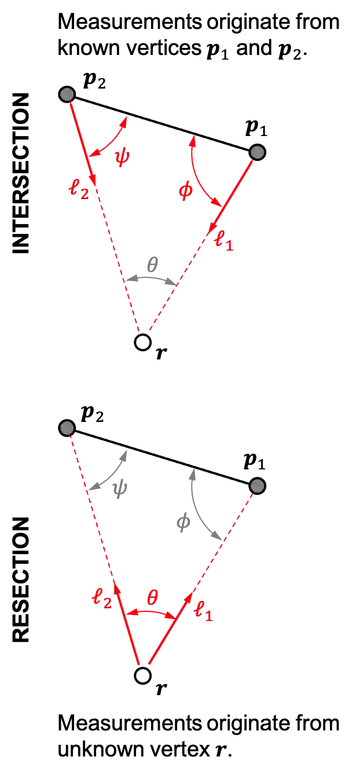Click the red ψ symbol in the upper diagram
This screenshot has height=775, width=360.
[x=122, y=158]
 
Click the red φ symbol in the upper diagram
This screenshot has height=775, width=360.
[x=185, y=192]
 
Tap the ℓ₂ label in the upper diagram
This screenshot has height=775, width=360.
[x=79, y=189]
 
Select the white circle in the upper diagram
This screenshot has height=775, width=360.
[x=143, y=342]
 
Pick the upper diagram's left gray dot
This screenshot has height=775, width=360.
[x=67, y=94]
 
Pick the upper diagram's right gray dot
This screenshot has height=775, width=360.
[x=258, y=152]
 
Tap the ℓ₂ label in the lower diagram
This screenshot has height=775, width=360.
[x=102, y=598]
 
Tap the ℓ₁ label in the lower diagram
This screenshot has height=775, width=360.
[x=204, y=612]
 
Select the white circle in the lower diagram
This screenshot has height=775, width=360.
[x=143, y=675]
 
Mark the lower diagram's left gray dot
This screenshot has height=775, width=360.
[x=67, y=428]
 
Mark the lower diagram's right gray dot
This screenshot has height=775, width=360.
[x=258, y=486]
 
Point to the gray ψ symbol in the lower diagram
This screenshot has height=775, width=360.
[x=121, y=489]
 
